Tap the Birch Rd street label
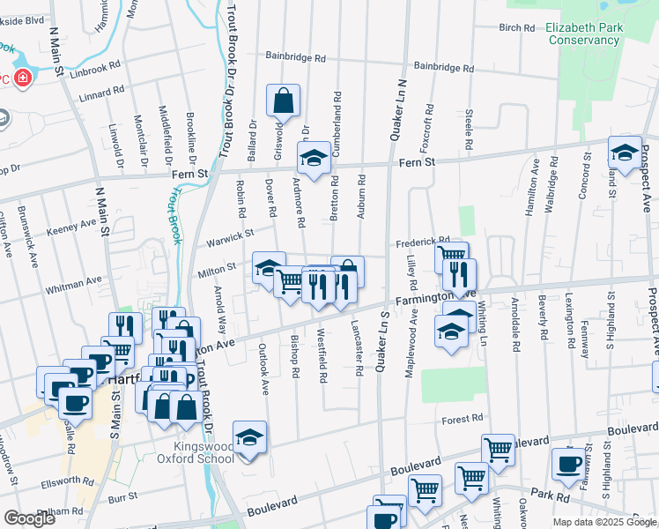[x=517, y=27]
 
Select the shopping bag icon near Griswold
[x=283, y=102]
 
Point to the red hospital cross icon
[x=20, y=79]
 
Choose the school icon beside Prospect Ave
[x=625, y=153]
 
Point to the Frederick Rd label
[x=423, y=240]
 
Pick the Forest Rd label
[x=463, y=419]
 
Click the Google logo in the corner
[x=30, y=518]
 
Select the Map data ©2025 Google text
[x=603, y=522]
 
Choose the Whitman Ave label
[x=75, y=283]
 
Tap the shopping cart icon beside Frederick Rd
[x=451, y=257]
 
